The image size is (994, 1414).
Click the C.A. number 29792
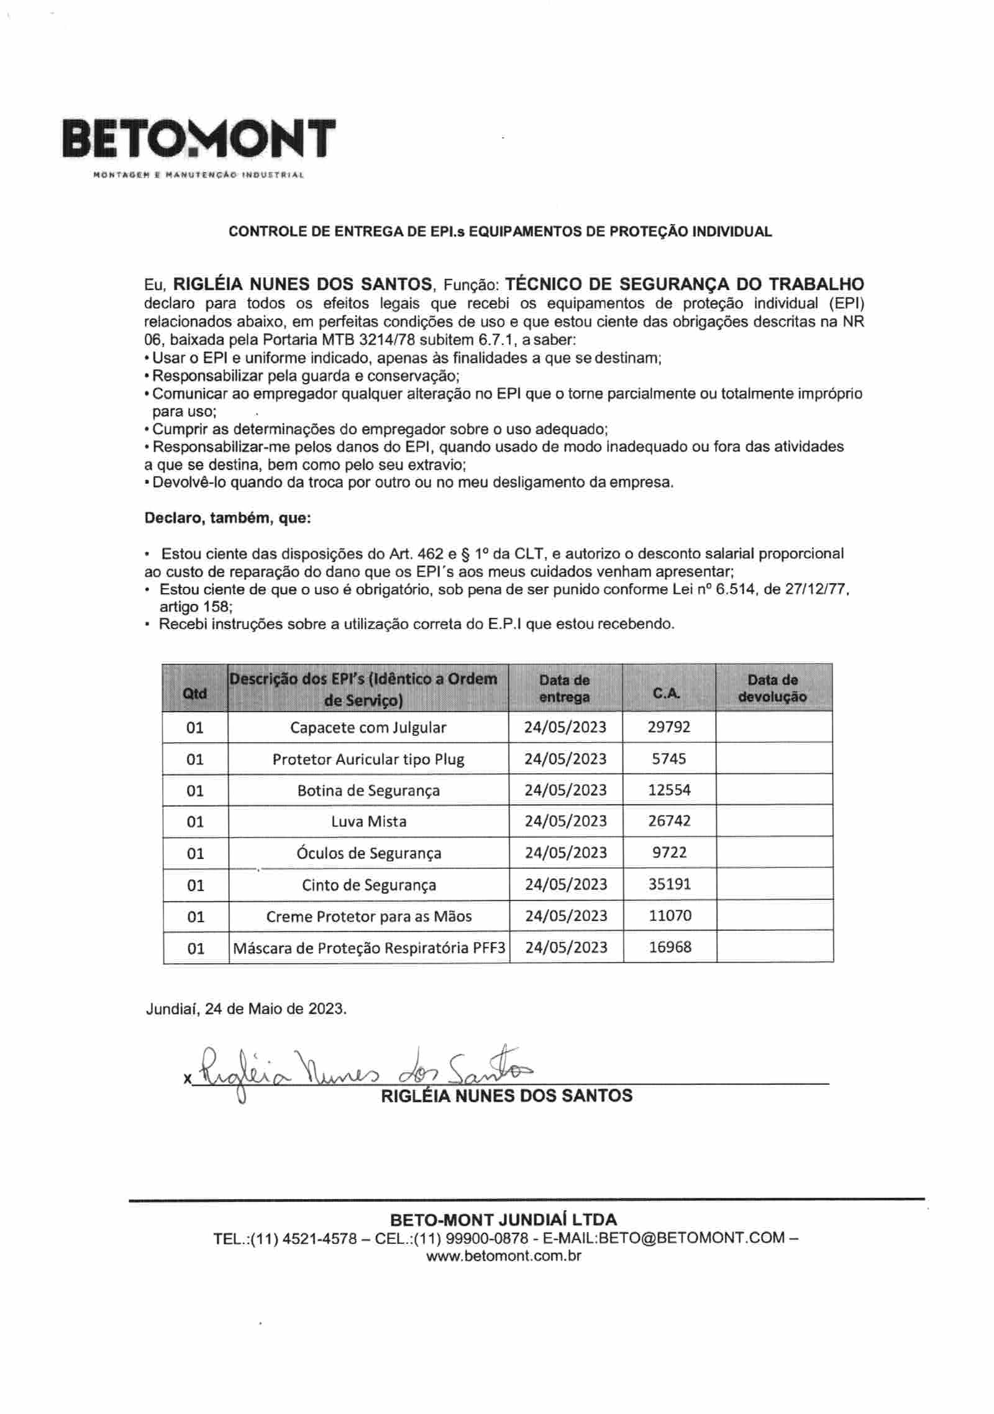coord(668,727)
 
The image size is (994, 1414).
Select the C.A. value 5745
coord(668,758)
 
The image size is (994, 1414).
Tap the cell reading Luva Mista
coord(368,822)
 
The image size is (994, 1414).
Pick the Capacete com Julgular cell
coord(368,727)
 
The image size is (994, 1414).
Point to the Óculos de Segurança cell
coord(368,853)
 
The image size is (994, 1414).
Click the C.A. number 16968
coord(670,947)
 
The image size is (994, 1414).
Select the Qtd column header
coord(194,693)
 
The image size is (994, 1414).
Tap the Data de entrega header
coord(564,688)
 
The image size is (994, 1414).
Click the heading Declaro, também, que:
coord(227,518)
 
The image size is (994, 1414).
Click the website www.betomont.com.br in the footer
coord(503,1256)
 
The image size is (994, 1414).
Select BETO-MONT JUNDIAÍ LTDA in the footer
coord(503,1219)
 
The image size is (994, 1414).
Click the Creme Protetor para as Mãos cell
coord(368,916)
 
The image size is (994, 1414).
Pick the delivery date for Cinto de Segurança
coord(565,884)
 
